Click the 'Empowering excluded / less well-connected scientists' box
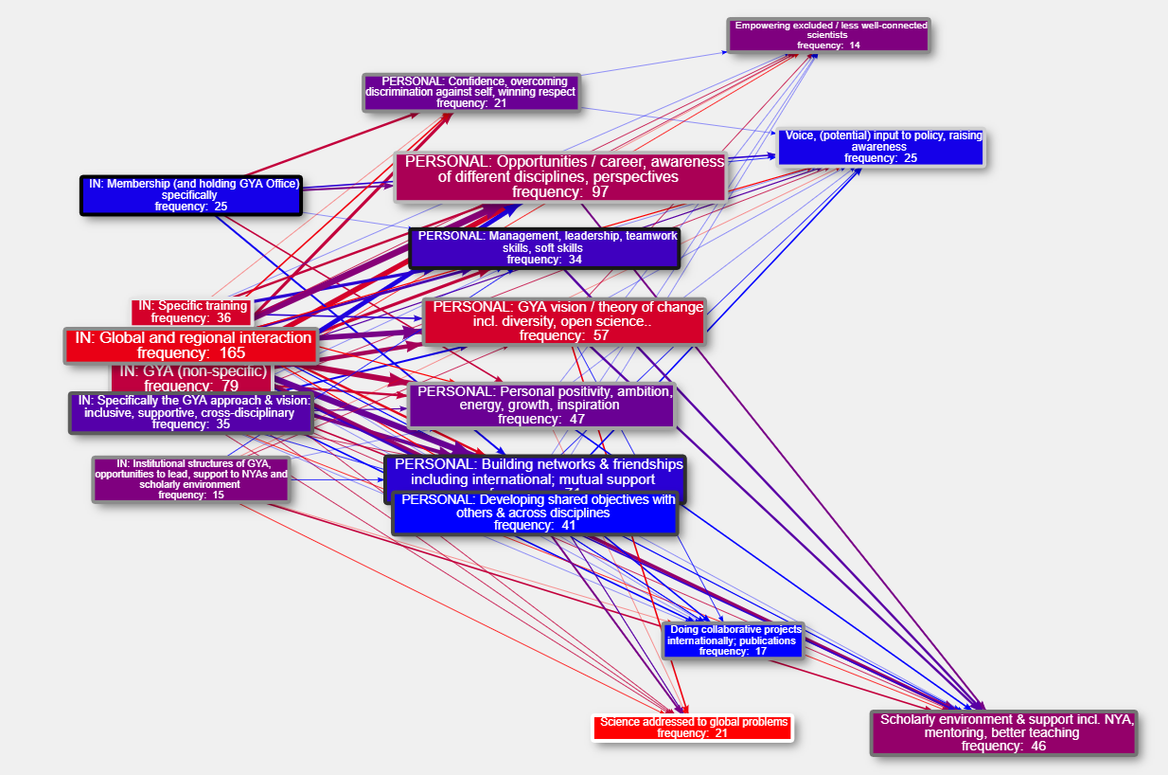point(828,35)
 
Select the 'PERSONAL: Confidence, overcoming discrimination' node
point(471,92)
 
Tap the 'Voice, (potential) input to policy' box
point(881,147)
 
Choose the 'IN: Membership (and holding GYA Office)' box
point(190,194)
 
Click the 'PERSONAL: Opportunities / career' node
point(560,176)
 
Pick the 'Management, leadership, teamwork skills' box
point(544,247)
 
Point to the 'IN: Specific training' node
point(191,312)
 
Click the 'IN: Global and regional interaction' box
point(189,345)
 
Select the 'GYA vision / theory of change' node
point(564,321)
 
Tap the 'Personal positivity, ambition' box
point(541,405)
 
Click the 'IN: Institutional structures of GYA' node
point(190,478)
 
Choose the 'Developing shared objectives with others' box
point(536,513)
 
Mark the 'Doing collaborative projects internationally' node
point(733,640)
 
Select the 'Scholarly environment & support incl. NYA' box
point(1003,732)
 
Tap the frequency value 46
point(1037,747)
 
